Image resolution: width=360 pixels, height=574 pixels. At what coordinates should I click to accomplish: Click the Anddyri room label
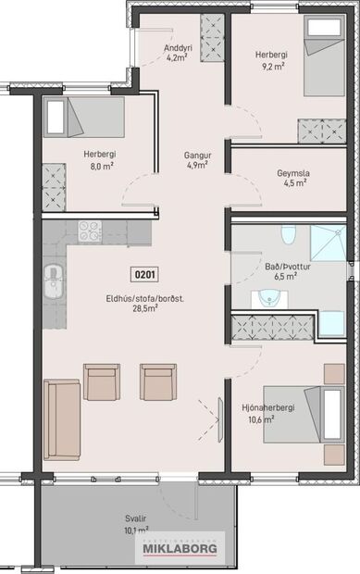[x=178, y=47]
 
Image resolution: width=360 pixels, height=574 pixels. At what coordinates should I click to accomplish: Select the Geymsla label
[x=292, y=172]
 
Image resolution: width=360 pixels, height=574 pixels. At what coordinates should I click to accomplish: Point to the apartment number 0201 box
[x=145, y=274]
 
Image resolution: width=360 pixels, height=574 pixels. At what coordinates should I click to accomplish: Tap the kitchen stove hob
[x=90, y=231]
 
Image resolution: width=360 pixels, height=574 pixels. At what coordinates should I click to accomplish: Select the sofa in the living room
[x=62, y=418]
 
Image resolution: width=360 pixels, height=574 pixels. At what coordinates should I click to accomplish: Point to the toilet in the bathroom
[x=288, y=236]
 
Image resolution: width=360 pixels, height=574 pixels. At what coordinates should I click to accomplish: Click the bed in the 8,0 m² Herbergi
[x=83, y=118]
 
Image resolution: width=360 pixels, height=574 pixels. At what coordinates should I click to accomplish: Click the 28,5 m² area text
[x=143, y=308]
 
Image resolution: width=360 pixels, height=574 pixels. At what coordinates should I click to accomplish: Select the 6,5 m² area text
[x=286, y=276]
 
